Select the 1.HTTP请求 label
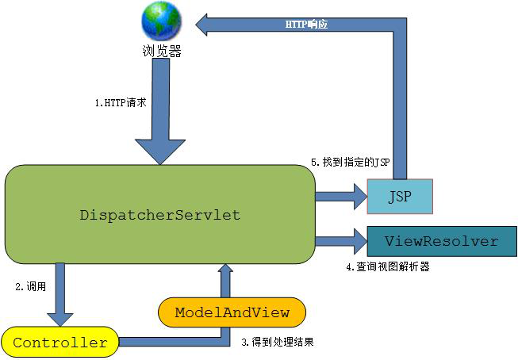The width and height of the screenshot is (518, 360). [120, 104]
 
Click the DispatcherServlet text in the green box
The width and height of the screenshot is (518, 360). [159, 215]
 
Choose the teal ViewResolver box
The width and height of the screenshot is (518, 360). [441, 241]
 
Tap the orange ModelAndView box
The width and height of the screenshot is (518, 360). [232, 311]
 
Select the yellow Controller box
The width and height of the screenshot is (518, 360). [60, 343]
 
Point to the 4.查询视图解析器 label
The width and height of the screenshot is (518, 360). [388, 267]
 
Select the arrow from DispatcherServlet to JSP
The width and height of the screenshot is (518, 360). [340, 194]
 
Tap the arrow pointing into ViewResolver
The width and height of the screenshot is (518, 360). [340, 240]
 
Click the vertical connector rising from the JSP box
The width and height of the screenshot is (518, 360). [400, 103]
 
